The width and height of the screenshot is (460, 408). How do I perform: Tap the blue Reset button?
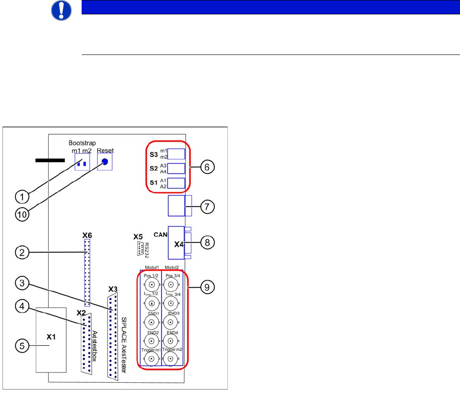[x=105, y=162]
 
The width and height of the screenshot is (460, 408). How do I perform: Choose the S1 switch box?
[x=176, y=183]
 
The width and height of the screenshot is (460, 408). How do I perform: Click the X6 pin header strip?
[x=87, y=272]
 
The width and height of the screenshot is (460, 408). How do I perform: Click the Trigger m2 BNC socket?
[x=170, y=359]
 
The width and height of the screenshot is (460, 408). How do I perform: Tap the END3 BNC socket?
[x=170, y=321]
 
